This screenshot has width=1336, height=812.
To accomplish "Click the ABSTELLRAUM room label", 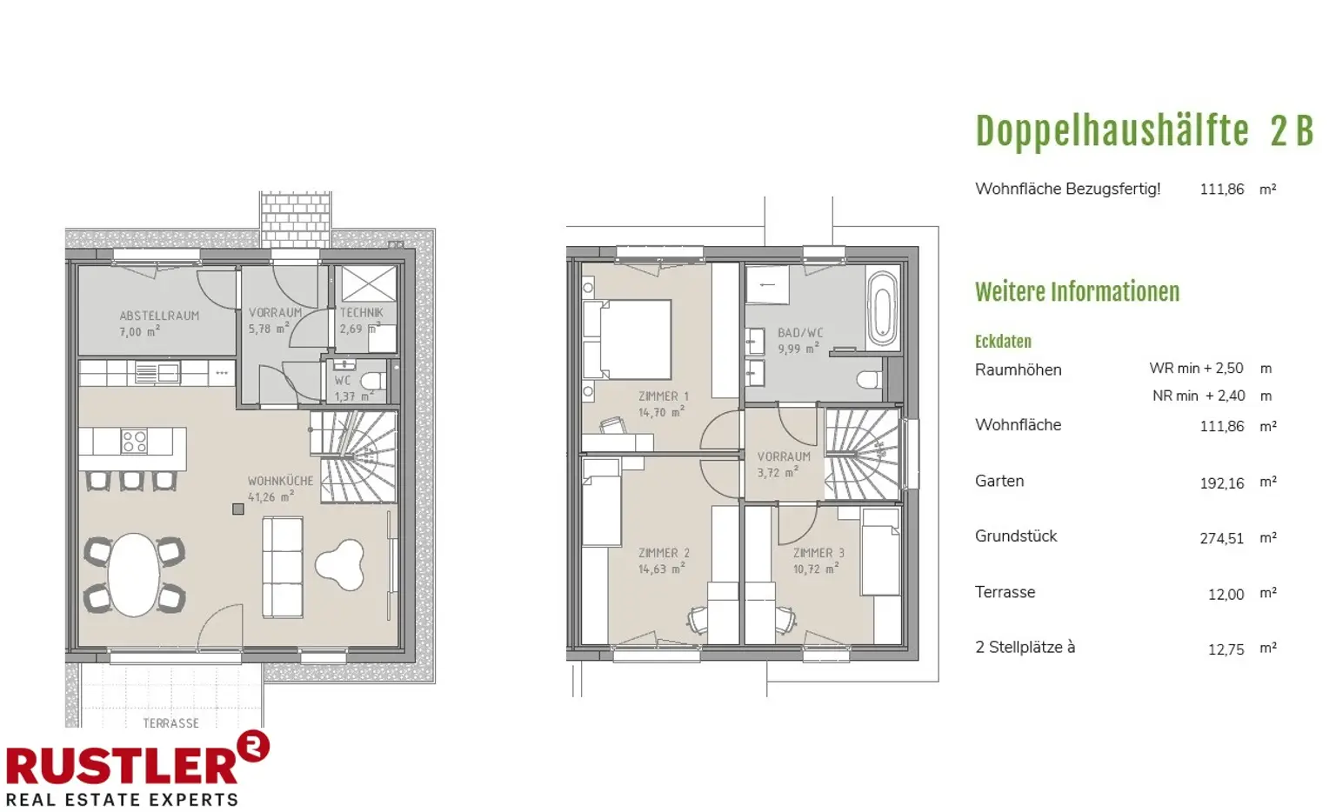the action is [x=159, y=316].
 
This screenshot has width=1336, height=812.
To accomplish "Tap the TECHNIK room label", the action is [x=362, y=312].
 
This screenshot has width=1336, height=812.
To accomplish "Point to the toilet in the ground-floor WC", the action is [x=374, y=381].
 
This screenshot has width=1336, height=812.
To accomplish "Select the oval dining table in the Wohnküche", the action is [x=134, y=575].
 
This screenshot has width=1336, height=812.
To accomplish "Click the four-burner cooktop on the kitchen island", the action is [x=134, y=442].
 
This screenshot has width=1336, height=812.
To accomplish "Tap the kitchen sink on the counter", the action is [x=157, y=373].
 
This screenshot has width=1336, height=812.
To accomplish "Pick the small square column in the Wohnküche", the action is [x=238, y=509].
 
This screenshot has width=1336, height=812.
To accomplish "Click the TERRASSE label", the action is [x=170, y=723].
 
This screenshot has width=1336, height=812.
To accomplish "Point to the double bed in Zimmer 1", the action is [x=627, y=339].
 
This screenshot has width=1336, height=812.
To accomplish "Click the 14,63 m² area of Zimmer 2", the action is [x=661, y=569].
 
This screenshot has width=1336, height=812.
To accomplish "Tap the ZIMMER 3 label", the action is [x=818, y=553].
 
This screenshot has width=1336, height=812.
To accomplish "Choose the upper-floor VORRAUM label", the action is [x=784, y=456].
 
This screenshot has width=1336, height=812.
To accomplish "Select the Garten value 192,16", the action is [x=1222, y=483].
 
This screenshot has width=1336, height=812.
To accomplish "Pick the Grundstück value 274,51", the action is [x=1222, y=538].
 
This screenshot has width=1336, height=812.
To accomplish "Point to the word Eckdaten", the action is [x=1003, y=342].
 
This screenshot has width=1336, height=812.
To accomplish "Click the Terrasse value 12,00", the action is [x=1226, y=595].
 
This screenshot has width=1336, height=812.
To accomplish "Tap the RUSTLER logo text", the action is [x=122, y=767].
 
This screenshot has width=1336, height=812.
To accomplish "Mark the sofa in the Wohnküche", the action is [x=283, y=567].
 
